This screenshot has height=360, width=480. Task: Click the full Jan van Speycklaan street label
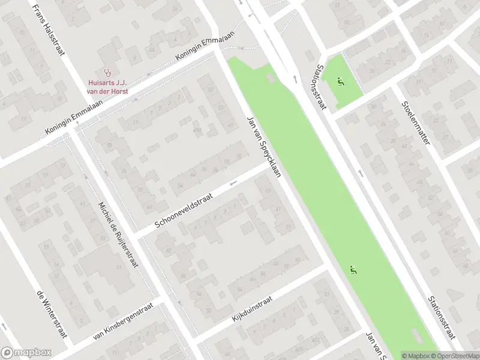(263, 145)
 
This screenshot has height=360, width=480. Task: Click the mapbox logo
(26, 353)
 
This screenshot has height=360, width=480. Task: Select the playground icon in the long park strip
(353, 270)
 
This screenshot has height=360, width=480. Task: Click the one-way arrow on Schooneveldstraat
(233, 182)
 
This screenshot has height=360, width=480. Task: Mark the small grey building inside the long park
(271, 79)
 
